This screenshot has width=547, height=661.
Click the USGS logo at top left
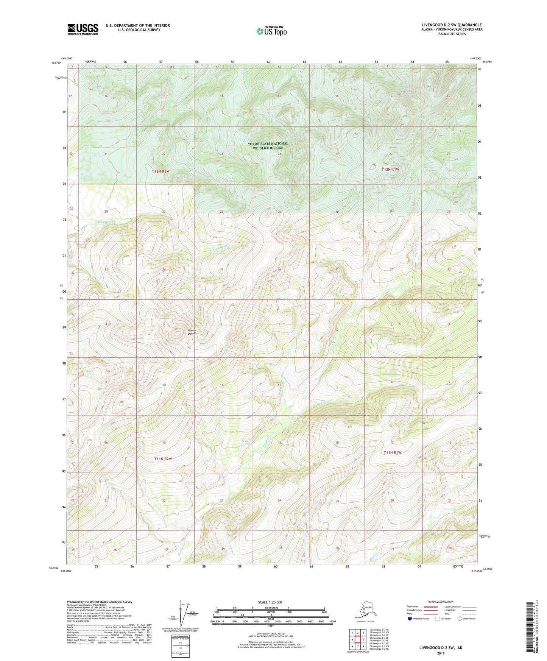[83, 29]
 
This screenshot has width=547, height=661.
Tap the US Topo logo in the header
[271, 31]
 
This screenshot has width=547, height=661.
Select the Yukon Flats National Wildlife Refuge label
[268, 146]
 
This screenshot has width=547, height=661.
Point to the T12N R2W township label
[161, 171]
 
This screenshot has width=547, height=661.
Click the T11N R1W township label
[392, 452]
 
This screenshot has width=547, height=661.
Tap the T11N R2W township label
[163, 459]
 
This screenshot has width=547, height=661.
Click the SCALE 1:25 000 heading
[270, 602]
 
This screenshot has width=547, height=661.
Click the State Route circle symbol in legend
[460, 619]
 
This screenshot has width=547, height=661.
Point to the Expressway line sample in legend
[428, 606]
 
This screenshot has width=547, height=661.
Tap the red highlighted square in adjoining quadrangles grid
[357, 639]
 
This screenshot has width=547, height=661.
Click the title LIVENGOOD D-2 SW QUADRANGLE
[452, 25]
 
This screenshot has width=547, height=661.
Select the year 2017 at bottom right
[441, 653]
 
